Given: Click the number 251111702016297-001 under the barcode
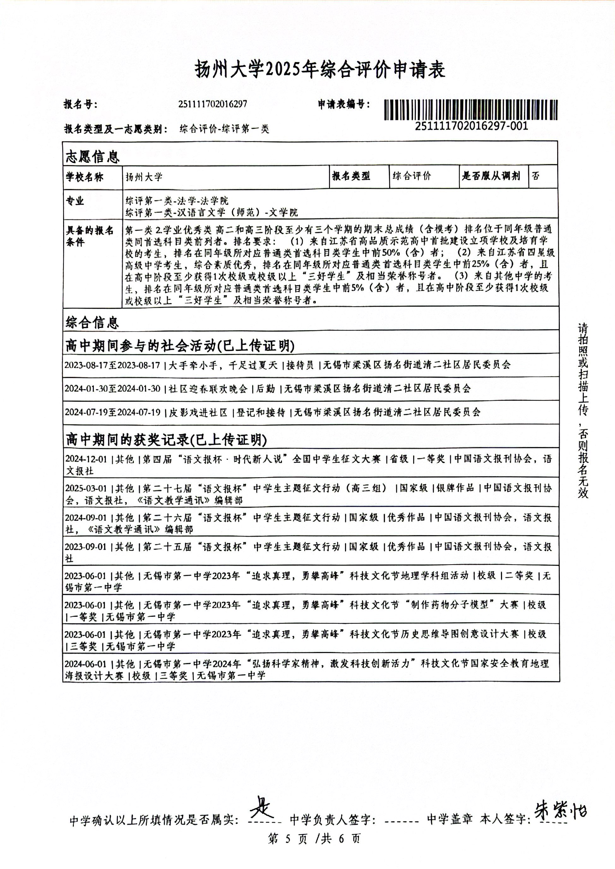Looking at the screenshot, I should pos(471,126).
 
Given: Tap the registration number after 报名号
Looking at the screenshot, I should pos(212,104).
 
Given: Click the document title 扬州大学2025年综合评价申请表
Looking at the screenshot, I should pos(320,70).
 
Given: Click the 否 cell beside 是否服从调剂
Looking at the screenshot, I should pos(535,176).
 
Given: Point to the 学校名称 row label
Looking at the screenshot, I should pos(85,177).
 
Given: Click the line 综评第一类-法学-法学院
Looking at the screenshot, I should pos(177,201).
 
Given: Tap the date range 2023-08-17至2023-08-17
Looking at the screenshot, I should pos(112,365).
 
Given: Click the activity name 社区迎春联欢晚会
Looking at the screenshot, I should pos(208,389).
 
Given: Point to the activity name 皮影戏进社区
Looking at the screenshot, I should pos(198,412).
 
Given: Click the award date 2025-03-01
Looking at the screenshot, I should pos(86,488).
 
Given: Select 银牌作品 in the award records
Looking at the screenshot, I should pos(455,488).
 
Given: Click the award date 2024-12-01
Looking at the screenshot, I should pos(86,459).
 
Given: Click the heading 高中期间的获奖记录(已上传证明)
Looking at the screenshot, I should pos(166,440).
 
